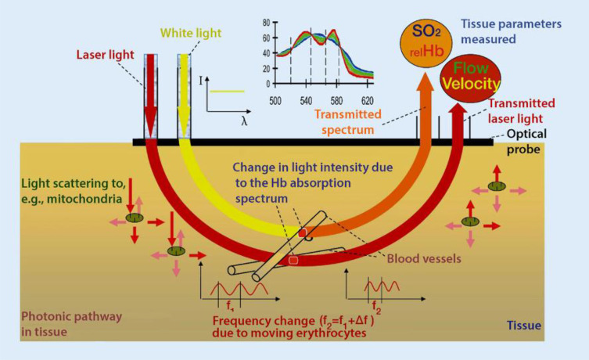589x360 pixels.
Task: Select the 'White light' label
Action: tap(190, 33)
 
